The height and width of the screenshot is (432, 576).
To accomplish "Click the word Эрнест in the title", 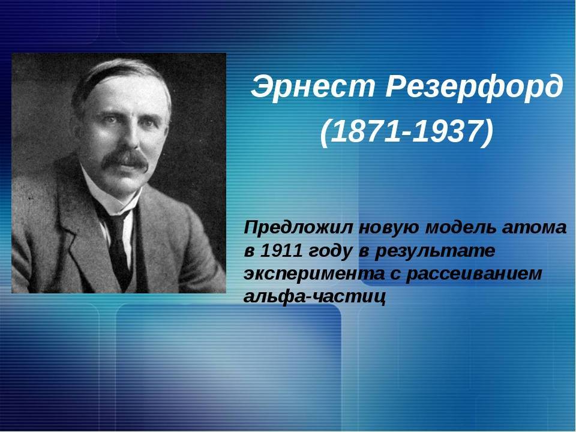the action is click(x=313, y=86).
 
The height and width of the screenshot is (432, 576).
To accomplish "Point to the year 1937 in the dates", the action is click(x=446, y=131).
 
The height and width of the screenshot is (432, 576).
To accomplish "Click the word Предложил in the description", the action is click(x=298, y=228).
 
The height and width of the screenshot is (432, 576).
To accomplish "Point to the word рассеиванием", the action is click(x=474, y=275).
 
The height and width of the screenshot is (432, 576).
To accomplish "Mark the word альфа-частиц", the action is click(x=315, y=297).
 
